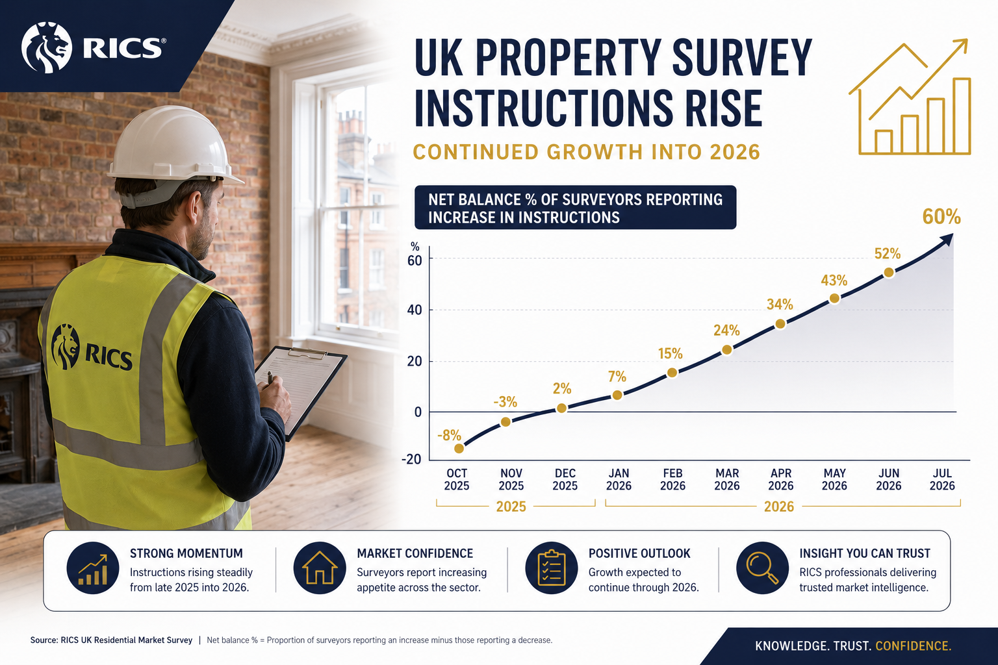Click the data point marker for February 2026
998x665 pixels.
[x=672, y=373]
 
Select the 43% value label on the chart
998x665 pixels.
[x=834, y=281]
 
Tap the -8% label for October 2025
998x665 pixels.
[x=449, y=435]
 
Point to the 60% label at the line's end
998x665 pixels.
[x=941, y=217]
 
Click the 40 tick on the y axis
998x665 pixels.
[x=415, y=310]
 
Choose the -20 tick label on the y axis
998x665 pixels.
[x=411, y=459]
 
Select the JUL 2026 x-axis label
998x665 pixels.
[x=942, y=479]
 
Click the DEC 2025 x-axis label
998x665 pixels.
[x=565, y=479]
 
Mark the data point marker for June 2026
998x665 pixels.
[x=889, y=273]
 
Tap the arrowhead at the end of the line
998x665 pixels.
[x=947, y=240]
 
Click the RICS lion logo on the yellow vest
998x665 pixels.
[x=66, y=347]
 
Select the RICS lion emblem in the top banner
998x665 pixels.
[x=46, y=47]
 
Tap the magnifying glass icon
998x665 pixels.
[x=762, y=568]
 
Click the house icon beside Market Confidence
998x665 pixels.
[x=320, y=568]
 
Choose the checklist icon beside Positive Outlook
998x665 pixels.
[x=551, y=568]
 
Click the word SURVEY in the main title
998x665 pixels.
[x=742, y=58]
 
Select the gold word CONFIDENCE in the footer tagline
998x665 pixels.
[x=914, y=646]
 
